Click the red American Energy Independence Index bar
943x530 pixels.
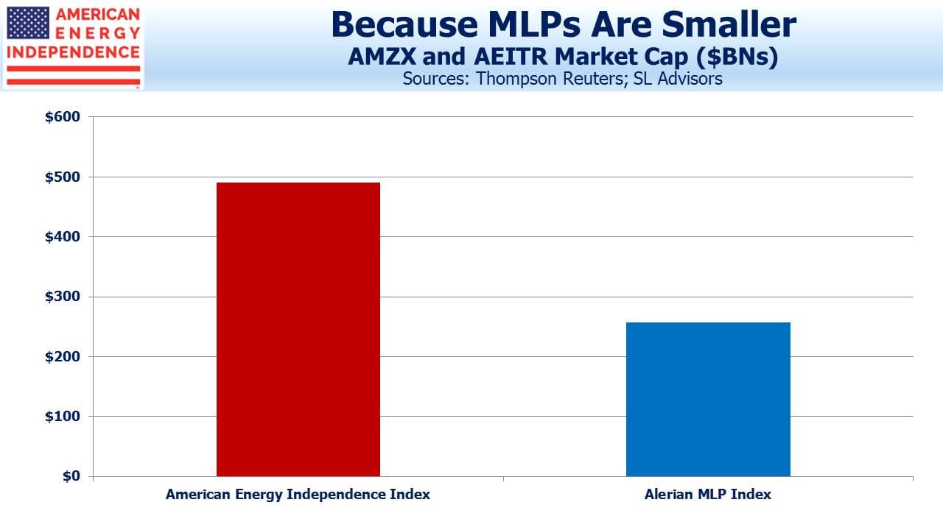pyautogui.click(x=298, y=329)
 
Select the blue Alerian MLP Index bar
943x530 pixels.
pyautogui.click(x=708, y=399)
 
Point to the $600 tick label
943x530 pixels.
pyautogui.click(x=63, y=117)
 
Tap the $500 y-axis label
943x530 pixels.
pyautogui.click(x=63, y=177)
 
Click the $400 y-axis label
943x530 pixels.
pyautogui.click(x=63, y=237)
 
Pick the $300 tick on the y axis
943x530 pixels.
pyautogui.click(x=63, y=297)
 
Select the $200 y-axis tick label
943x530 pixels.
pyautogui.click(x=63, y=357)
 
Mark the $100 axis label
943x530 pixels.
pyautogui.click(x=63, y=417)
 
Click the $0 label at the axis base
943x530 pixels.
pyautogui.click(x=71, y=476)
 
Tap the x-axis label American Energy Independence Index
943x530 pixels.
pyautogui.click(x=298, y=494)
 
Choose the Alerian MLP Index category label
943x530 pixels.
pyautogui.click(x=708, y=494)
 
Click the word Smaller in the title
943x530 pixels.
pyautogui.click(x=729, y=24)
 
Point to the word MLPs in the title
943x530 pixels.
pyautogui.click(x=534, y=24)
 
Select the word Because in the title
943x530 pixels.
pyautogui.click(x=404, y=24)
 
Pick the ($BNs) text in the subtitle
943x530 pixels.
pyautogui.click(x=737, y=57)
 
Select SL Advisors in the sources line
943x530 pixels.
pyautogui.click(x=678, y=79)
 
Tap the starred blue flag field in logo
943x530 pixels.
pyautogui.click(x=28, y=23)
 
